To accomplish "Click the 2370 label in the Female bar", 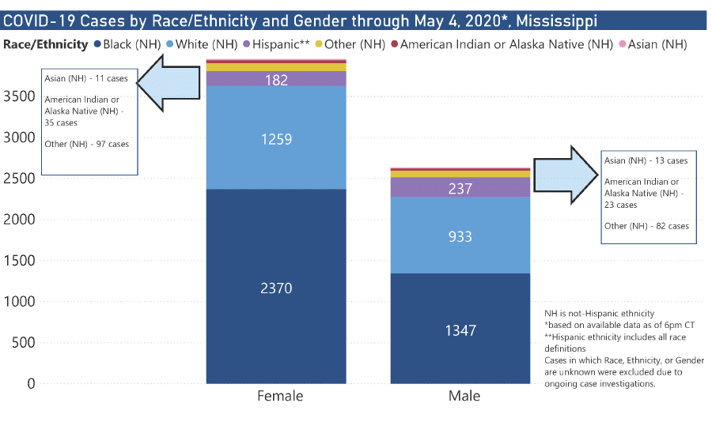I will tap(276, 288).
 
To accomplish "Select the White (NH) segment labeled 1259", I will tap(276, 139).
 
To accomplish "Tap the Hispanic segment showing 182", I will tap(276, 80).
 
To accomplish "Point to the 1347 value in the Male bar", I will tap(460, 330).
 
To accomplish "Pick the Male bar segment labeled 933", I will tap(460, 236).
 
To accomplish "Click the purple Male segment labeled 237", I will tap(460, 189).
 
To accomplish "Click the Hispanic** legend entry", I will tap(275, 44).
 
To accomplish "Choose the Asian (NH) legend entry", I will tap(657, 44).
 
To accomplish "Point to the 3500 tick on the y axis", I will tap(19, 96).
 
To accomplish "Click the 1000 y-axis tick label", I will tap(19, 302).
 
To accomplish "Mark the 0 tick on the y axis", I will tap(31, 384).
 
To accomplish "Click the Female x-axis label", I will tap(280, 395).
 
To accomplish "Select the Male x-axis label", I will tap(464, 395).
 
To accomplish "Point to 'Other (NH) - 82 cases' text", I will tap(646, 226).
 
